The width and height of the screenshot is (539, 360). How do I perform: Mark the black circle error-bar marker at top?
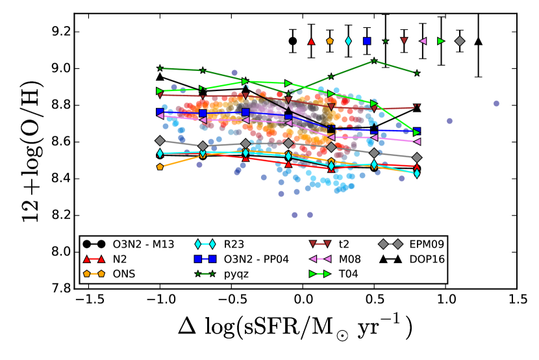pyautogui.click(x=293, y=41)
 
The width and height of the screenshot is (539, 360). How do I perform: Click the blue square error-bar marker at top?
pyautogui.click(x=367, y=41)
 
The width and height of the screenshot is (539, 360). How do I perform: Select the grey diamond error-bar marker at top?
pyautogui.click(x=460, y=41)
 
